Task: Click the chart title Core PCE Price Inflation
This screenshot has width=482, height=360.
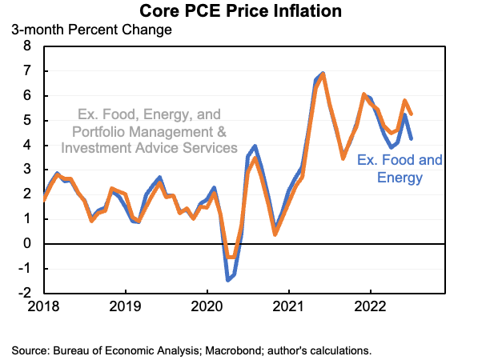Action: point(241,11)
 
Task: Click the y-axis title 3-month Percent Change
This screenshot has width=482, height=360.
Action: point(91,30)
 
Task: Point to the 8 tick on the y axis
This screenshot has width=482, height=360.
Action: point(26,46)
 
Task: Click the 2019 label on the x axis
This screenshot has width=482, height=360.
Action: point(125,306)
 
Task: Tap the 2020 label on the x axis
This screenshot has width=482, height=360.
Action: point(207,306)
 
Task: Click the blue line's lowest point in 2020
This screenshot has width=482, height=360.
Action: point(227,280)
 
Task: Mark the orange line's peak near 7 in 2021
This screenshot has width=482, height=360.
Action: point(323,74)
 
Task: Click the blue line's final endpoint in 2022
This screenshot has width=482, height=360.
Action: point(412,138)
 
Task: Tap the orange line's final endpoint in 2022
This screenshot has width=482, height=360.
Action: point(412,113)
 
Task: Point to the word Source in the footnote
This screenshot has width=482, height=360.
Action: point(29,350)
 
